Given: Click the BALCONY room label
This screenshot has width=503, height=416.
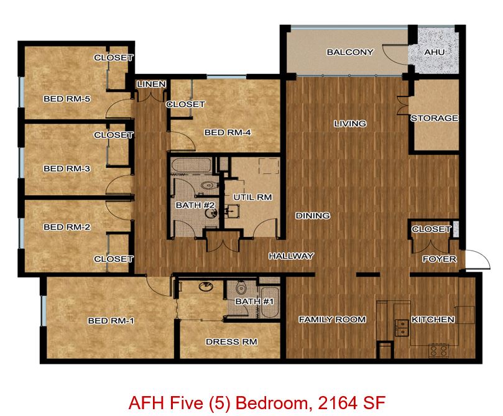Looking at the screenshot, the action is (x=349, y=52).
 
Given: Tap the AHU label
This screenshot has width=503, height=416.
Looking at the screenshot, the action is (x=434, y=52).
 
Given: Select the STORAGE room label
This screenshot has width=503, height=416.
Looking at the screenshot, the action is (x=435, y=118).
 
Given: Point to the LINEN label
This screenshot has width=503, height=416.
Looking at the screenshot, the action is (x=152, y=84).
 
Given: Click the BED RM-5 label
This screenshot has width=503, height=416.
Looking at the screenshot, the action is (x=67, y=99).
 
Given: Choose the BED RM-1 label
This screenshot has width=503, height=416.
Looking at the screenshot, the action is (x=111, y=320).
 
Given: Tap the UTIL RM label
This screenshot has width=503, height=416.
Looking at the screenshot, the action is (x=252, y=197).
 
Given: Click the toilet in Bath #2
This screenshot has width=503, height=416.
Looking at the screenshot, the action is (x=209, y=185).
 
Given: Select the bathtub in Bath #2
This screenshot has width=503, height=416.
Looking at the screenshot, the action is (x=192, y=165).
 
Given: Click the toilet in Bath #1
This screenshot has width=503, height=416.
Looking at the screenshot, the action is (x=241, y=287).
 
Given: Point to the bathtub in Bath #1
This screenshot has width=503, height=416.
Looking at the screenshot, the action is (x=269, y=302).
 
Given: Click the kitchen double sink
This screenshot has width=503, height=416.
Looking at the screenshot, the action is (x=401, y=328).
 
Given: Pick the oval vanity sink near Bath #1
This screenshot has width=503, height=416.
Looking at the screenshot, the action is (x=206, y=287).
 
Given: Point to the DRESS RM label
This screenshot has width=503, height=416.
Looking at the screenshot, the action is (x=231, y=341).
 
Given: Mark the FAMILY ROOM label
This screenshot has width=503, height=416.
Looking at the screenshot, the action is (x=332, y=320).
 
